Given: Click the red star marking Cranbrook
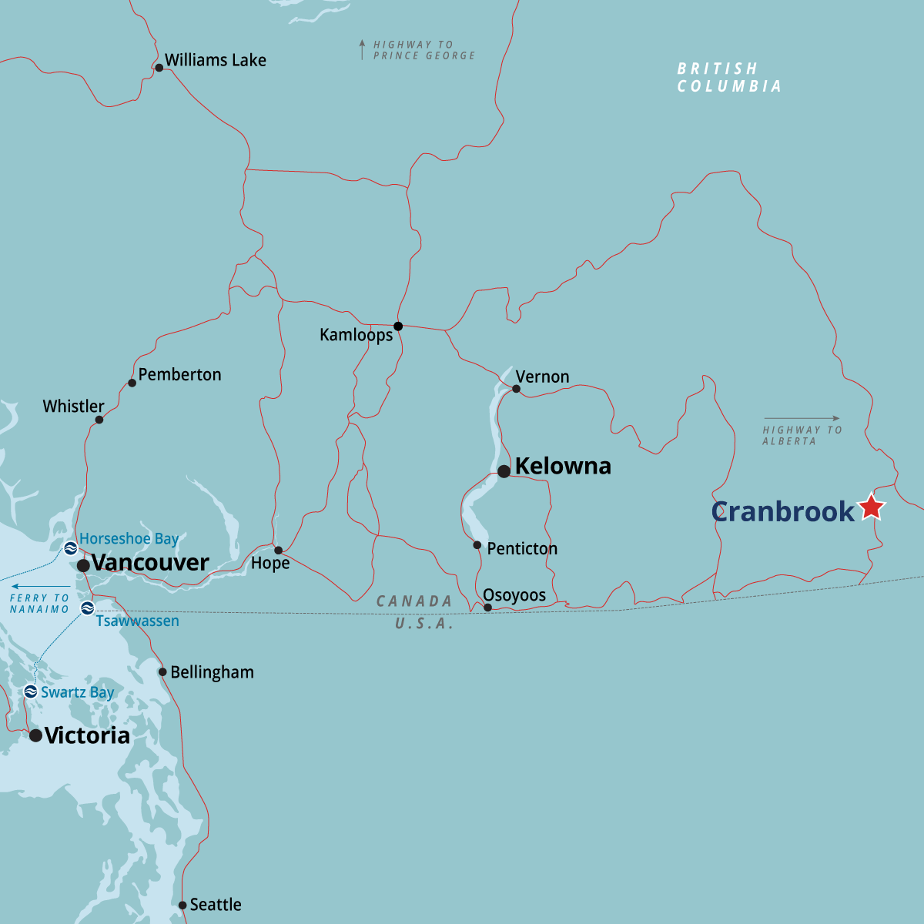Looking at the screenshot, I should (871, 507).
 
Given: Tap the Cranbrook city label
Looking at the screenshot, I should (782, 511).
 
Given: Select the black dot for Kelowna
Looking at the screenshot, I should (504, 471).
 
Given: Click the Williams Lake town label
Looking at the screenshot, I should (215, 60).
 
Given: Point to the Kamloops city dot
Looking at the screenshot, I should (398, 326).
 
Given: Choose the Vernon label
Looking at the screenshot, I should (542, 377).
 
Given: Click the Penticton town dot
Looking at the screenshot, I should (477, 545).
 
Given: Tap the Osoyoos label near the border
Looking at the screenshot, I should (514, 595).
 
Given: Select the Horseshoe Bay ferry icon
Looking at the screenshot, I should (70, 548).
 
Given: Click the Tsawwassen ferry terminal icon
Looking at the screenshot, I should (88, 609).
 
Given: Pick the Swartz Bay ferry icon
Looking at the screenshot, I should (31, 691).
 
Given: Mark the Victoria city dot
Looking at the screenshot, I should (35, 735).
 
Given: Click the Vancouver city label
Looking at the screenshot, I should (150, 563).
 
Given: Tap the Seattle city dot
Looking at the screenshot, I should (182, 906).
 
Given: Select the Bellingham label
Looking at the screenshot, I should (212, 672).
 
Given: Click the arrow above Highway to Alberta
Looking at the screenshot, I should (802, 419).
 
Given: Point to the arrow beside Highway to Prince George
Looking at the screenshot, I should (362, 50).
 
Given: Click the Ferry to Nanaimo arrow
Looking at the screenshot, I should (40, 587).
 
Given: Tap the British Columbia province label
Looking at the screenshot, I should (728, 78).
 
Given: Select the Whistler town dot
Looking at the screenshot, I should (99, 420).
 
